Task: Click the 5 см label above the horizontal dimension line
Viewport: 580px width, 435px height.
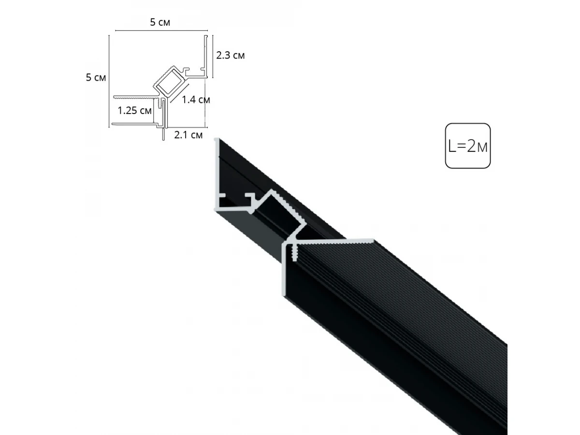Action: pyautogui.click(x=160, y=22)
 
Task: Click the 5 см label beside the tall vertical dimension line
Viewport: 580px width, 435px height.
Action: pyautogui.click(x=96, y=77)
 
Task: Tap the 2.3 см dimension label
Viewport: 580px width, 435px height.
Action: pyautogui.click(x=230, y=55)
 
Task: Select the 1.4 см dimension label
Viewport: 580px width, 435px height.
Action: pyautogui.click(x=196, y=100)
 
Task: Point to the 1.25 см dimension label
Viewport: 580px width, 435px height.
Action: pyautogui.click(x=134, y=110)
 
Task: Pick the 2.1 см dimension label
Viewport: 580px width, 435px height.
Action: pyautogui.click(x=188, y=135)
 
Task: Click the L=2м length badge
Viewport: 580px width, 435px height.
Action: pyautogui.click(x=468, y=146)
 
